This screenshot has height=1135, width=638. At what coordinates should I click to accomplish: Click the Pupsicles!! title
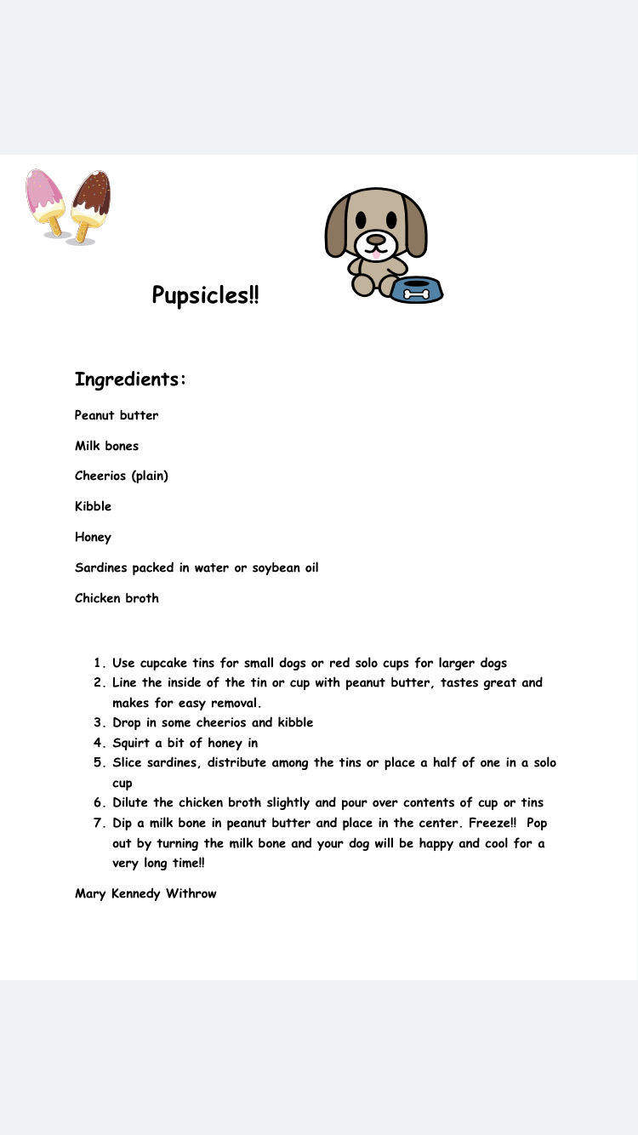click(205, 295)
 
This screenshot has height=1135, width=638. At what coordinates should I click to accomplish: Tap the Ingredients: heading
click(130, 379)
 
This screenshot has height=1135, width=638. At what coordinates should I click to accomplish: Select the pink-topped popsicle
click(45, 200)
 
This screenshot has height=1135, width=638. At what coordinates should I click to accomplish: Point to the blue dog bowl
click(417, 290)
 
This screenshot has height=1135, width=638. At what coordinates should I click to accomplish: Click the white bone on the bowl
click(417, 294)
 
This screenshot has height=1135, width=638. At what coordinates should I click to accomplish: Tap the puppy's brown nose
click(375, 239)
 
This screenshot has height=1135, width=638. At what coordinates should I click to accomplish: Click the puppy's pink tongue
click(374, 254)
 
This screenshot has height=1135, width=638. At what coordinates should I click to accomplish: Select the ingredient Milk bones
click(106, 446)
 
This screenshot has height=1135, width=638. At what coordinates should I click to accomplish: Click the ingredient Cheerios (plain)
click(122, 476)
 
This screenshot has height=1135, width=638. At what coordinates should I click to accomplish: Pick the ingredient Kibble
click(93, 506)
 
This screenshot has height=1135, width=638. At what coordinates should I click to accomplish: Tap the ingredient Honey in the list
click(93, 537)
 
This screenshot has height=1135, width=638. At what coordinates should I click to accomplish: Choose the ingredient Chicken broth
click(117, 598)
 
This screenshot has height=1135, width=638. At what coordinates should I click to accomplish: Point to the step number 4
click(98, 743)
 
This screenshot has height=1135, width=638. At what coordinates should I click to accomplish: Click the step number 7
click(98, 823)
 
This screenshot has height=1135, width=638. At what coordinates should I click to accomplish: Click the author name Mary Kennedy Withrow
click(145, 893)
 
